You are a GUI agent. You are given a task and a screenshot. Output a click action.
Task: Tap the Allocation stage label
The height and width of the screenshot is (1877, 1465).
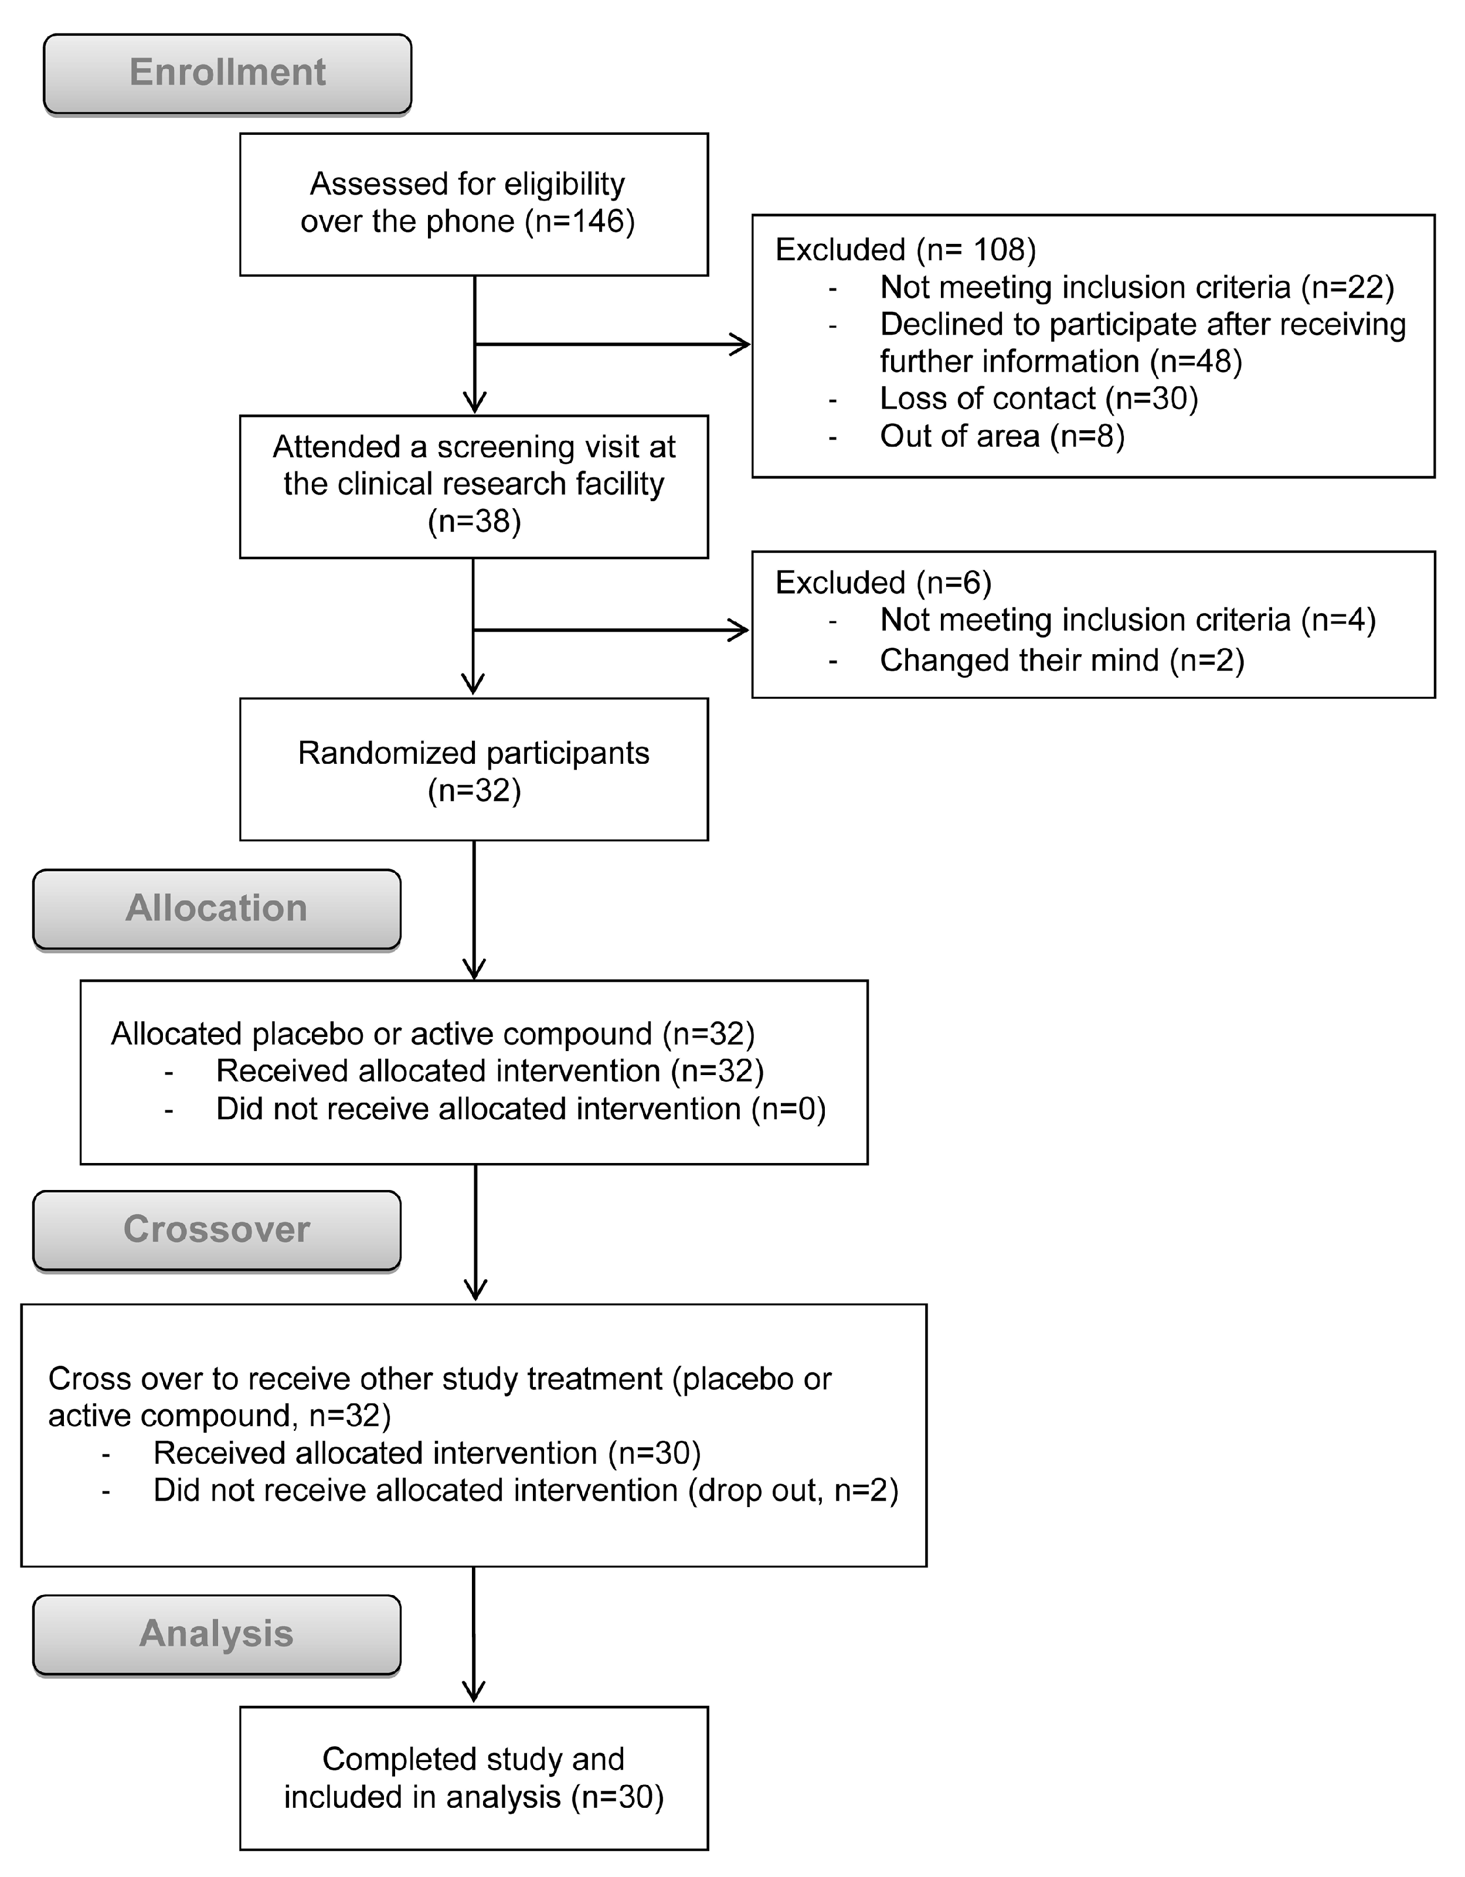click(216, 909)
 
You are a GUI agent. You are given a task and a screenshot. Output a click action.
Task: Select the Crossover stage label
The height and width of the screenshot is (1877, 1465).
click(216, 1229)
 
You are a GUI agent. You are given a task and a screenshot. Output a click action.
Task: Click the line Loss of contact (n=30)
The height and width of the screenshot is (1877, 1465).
click(1038, 399)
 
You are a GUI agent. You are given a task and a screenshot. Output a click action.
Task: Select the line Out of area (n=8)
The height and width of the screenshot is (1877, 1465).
click(1002, 437)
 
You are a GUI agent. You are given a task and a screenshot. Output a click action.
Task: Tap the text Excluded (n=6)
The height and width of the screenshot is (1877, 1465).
click(883, 583)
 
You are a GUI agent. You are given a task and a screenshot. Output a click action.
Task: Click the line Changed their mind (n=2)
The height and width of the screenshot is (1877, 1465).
click(1061, 660)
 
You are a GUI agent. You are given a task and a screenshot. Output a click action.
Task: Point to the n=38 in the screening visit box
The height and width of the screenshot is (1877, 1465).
click(474, 522)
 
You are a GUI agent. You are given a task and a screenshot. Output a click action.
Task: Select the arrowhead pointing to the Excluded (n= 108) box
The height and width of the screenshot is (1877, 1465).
click(740, 345)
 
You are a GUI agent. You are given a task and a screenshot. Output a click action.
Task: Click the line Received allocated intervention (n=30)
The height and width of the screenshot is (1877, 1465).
click(427, 1453)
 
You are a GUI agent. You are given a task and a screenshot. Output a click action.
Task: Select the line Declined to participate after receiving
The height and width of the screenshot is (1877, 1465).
click(1143, 325)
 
